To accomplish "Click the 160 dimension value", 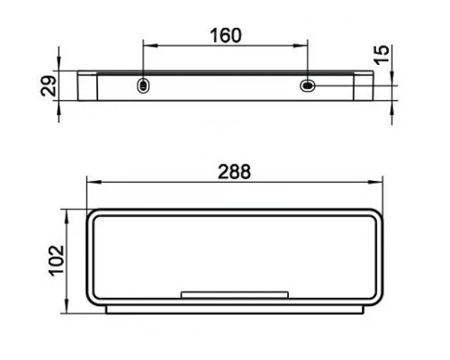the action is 226,36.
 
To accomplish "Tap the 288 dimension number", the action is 234,172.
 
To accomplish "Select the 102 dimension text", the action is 57,261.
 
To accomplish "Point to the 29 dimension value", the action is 49,86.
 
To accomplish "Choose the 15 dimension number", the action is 382,55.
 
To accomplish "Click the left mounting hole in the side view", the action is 143,85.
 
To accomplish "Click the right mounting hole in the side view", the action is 308,85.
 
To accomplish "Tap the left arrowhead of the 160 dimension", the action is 150,46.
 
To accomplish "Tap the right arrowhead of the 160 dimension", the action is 301,46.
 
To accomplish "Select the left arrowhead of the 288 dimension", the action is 94,182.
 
